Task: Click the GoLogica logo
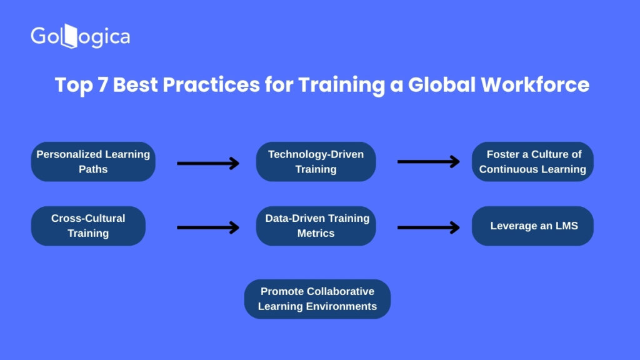(81, 36)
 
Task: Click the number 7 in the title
(102, 85)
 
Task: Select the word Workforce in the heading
(535, 85)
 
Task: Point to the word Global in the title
(442, 85)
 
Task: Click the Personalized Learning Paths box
(93, 162)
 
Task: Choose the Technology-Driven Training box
(316, 162)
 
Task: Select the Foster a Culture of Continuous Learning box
(532, 162)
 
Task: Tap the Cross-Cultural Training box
(88, 226)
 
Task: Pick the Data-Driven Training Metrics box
(316, 226)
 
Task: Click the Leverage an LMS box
(532, 226)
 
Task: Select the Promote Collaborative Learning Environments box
(317, 299)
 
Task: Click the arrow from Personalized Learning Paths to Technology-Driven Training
(208, 163)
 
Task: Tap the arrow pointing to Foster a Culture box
(429, 162)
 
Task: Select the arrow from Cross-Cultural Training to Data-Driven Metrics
(208, 227)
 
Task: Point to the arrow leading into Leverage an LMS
(429, 227)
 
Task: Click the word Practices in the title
(211, 85)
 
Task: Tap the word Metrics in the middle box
(316, 233)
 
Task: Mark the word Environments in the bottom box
(342, 306)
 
